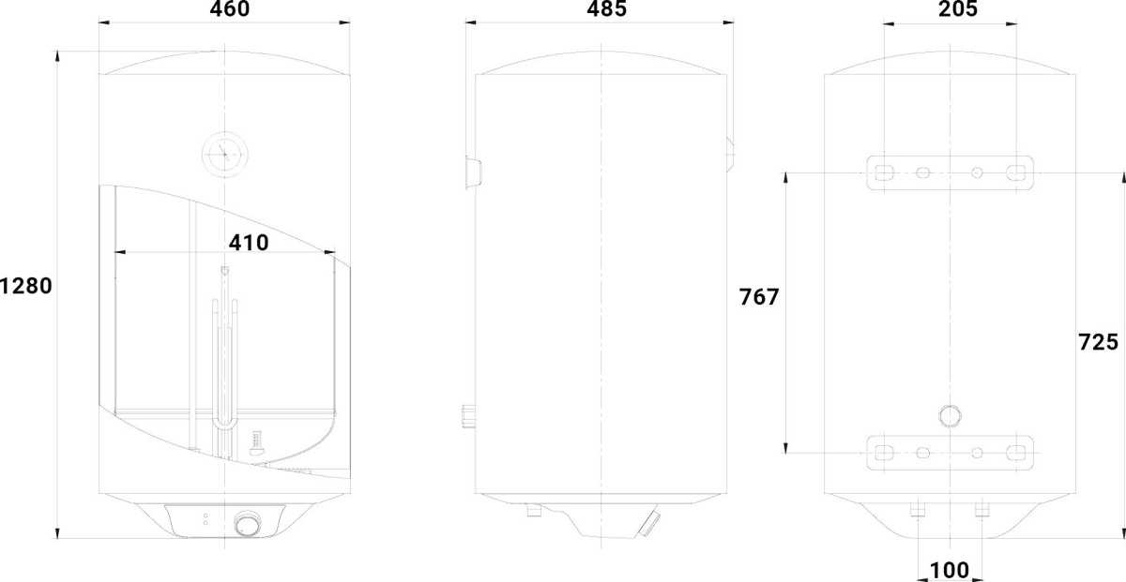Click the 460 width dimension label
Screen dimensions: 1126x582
coord(230,8)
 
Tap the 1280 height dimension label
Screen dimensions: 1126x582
coord(25,286)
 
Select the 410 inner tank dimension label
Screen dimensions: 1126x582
coord(249,243)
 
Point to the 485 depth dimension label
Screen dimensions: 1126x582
coord(607,8)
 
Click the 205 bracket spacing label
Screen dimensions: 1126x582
coord(958,8)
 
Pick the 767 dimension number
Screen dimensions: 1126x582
coord(759,297)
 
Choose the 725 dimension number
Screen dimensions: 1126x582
coord(1099,342)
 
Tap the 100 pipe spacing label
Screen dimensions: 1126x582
coord(950,571)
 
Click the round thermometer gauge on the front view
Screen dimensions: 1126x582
coord(224,155)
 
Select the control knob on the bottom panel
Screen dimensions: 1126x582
coord(248,524)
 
